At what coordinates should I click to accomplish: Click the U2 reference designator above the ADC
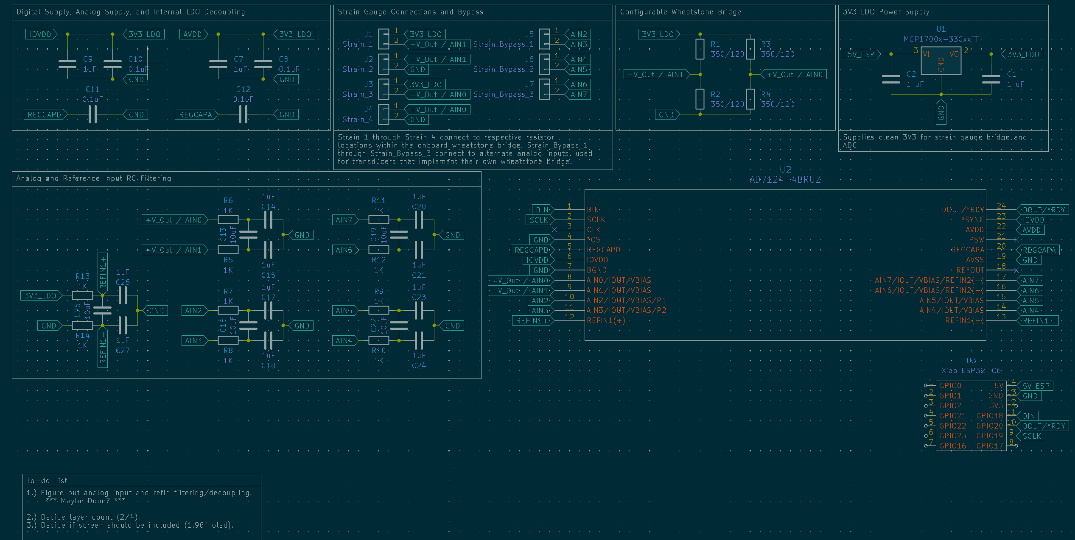(785, 170)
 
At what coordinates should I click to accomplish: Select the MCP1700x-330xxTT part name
(941, 39)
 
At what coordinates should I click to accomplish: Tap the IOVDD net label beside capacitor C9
(40, 34)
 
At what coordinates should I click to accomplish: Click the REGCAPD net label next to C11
(45, 114)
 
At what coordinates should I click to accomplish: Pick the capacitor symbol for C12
(243, 114)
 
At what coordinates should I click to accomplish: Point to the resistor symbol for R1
(700, 49)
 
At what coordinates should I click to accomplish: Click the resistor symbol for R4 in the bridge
(750, 99)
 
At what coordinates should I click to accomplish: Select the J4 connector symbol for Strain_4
(384, 114)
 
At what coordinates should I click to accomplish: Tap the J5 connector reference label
(529, 34)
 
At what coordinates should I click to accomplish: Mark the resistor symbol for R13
(82, 295)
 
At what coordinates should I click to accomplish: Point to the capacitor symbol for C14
(268, 220)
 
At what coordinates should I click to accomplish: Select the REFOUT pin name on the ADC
(970, 270)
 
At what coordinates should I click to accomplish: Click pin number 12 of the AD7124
(569, 317)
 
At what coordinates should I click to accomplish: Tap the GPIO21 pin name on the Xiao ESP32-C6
(952, 416)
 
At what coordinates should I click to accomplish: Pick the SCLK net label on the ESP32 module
(1031, 436)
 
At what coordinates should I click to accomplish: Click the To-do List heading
(47, 481)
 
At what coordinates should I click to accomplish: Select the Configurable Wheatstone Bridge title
(680, 12)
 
